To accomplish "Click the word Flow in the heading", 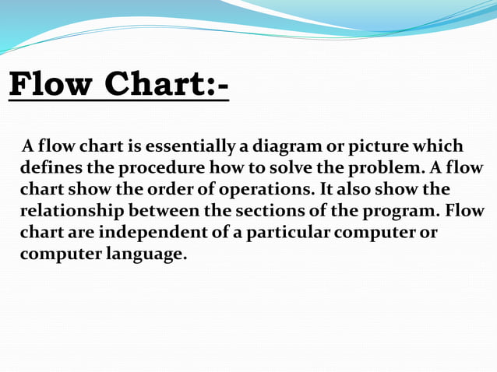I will (x=51, y=85).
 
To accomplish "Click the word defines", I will (x=50, y=168).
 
